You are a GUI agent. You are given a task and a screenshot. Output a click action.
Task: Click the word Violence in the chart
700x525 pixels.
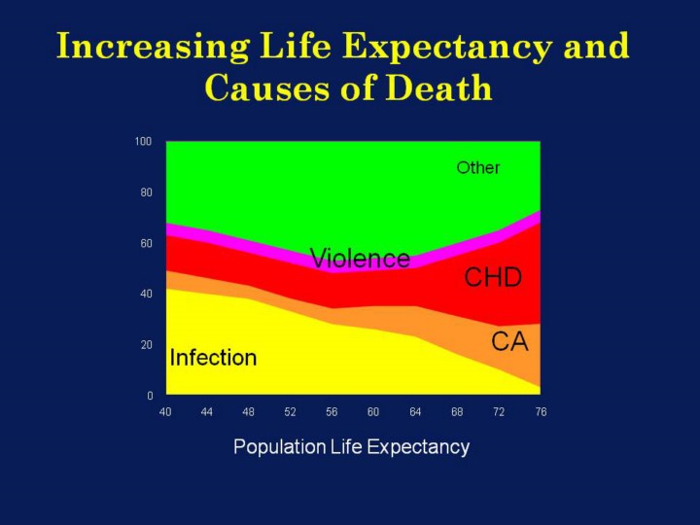click(x=360, y=259)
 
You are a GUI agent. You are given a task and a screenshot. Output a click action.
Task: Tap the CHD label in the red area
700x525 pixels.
click(x=493, y=278)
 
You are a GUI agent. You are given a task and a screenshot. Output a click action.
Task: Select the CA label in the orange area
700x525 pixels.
click(x=509, y=342)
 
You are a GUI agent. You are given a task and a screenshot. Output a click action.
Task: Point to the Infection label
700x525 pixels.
click(x=213, y=358)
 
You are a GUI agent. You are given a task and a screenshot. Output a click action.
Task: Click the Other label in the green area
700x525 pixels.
click(x=478, y=168)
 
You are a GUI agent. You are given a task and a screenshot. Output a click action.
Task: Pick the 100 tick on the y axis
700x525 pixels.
click(x=143, y=142)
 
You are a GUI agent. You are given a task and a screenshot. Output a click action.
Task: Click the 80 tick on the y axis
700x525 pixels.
click(x=146, y=192)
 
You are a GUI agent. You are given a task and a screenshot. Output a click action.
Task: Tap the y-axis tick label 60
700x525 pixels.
click(x=146, y=243)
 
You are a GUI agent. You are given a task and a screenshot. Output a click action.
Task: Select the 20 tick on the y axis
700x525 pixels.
click(x=146, y=345)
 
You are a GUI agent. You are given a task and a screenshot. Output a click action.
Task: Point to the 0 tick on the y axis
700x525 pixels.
click(x=150, y=396)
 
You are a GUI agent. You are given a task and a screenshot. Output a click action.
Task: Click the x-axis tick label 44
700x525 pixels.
click(x=207, y=412)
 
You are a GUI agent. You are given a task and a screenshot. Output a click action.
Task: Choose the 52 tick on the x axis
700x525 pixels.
click(x=290, y=412)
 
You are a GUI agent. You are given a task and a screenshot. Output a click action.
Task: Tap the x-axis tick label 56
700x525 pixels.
click(x=332, y=412)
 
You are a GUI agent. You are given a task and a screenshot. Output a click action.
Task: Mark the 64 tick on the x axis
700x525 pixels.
click(x=415, y=412)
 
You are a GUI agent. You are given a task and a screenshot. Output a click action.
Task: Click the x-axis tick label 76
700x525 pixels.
click(x=541, y=412)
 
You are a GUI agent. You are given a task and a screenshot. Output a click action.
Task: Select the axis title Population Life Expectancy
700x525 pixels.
click(x=351, y=447)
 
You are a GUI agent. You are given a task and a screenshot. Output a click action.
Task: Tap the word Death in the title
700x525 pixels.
click(x=439, y=87)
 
